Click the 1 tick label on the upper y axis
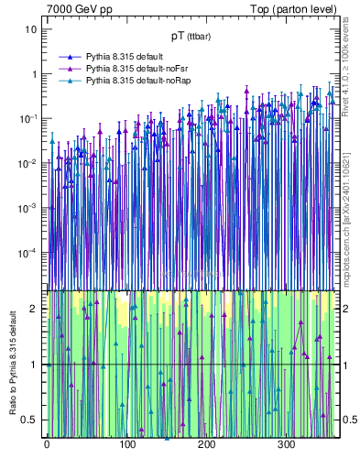(x=34, y=74)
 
